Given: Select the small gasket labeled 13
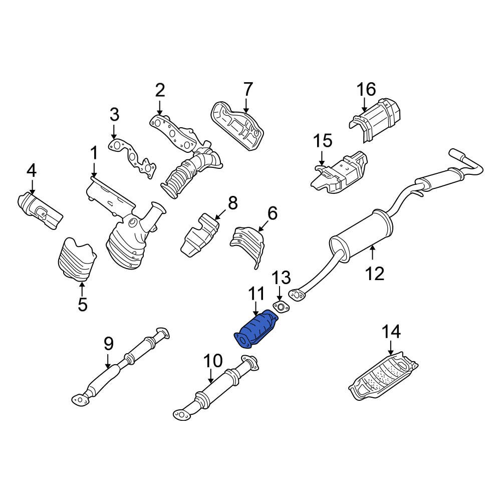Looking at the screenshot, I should pyautogui.click(x=281, y=307).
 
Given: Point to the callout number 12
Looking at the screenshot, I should pyautogui.click(x=374, y=273).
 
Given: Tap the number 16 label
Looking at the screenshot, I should pyautogui.click(x=366, y=90).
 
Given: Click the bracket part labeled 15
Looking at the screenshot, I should pyautogui.click(x=338, y=173).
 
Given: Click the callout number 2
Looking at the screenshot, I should pyautogui.click(x=159, y=90).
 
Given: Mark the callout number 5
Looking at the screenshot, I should pyautogui.click(x=82, y=304).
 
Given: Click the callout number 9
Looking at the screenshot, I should pyautogui.click(x=108, y=344).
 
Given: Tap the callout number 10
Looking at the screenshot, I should pyautogui.click(x=212, y=361).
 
